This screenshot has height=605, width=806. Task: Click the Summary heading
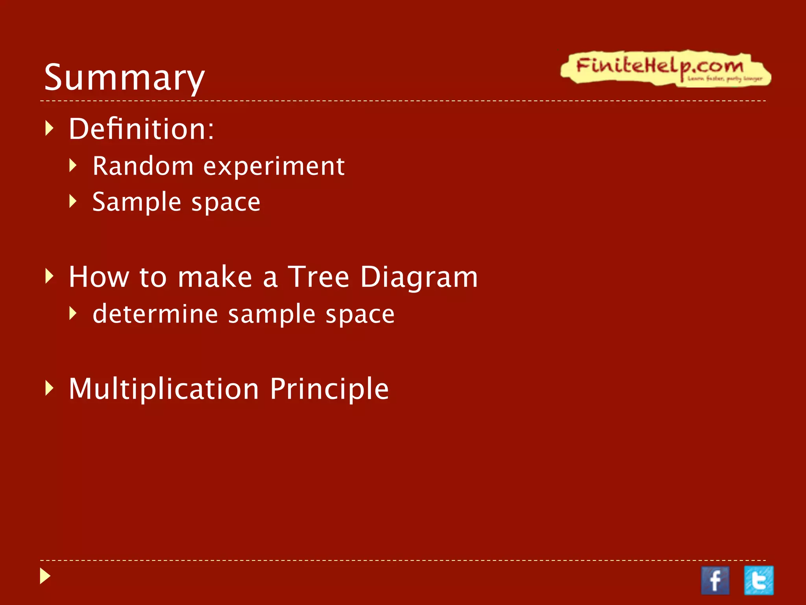pyautogui.click(x=124, y=78)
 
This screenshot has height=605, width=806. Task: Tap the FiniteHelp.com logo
pyautogui.click(x=665, y=68)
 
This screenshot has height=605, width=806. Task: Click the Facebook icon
pyautogui.click(x=715, y=581)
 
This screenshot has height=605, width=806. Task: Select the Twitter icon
pyautogui.click(x=758, y=580)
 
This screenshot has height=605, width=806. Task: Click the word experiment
pyautogui.click(x=274, y=167)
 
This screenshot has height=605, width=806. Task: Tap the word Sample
pyautogui.click(x=137, y=202)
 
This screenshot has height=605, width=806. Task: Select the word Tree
pyautogui.click(x=318, y=277)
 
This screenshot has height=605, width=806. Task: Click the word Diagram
pyautogui.click(x=419, y=277)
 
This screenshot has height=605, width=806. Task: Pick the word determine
pyautogui.click(x=155, y=314)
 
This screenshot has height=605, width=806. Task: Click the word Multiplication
pyautogui.click(x=164, y=389)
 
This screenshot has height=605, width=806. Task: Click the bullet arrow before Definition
pyautogui.click(x=49, y=128)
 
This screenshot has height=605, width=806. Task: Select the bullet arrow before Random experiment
pyautogui.click(x=73, y=165)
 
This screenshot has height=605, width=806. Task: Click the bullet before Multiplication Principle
pyautogui.click(x=49, y=388)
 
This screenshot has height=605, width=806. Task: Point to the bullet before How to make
pyautogui.click(x=49, y=276)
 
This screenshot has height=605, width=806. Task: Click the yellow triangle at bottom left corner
pyautogui.click(x=45, y=576)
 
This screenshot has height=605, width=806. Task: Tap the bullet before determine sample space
pyautogui.click(x=73, y=314)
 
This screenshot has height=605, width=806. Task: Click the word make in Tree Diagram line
pyautogui.click(x=215, y=277)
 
